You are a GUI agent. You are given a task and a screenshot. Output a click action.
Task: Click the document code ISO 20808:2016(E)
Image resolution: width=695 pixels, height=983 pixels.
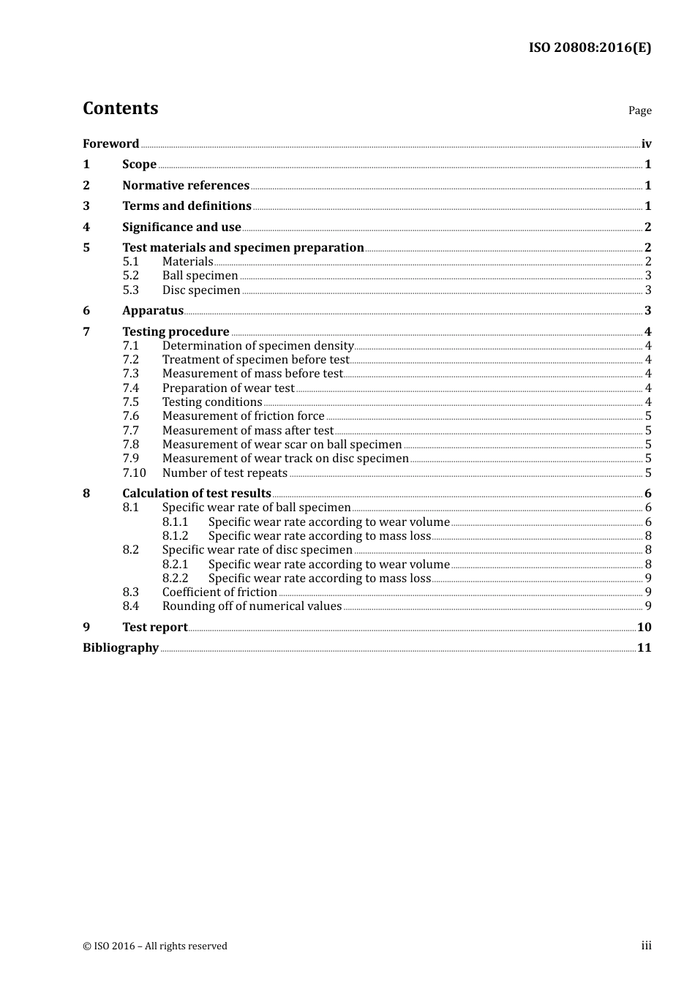coord(590,48)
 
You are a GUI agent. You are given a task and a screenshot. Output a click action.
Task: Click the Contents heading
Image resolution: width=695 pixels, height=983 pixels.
coord(120,108)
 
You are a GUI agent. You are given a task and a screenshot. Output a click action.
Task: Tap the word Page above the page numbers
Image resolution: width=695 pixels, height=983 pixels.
coord(639,110)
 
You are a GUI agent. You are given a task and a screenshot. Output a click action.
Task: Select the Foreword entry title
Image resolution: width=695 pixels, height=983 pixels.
coord(110,144)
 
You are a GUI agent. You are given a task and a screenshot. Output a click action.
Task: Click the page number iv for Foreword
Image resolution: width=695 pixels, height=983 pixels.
coord(646,144)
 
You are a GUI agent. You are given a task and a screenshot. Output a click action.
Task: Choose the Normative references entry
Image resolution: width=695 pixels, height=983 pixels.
coord(186,186)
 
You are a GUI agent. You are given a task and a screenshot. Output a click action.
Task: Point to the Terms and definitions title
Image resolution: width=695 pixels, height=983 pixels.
coord(187,206)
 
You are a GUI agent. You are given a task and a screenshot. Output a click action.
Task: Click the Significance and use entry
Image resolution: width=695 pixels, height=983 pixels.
coord(181,227)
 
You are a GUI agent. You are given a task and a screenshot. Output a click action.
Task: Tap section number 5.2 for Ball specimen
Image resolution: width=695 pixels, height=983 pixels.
coord(130,276)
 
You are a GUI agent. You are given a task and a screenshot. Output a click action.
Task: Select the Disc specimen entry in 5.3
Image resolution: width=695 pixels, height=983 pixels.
coord(201,290)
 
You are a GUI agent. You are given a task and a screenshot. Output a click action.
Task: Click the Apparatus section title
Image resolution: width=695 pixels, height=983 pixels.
coord(153,311)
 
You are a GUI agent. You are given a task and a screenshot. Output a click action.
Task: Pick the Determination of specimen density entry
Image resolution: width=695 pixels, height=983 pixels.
coord(258,346)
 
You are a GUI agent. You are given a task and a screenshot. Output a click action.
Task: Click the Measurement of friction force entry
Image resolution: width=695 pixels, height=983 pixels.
coord(243,416)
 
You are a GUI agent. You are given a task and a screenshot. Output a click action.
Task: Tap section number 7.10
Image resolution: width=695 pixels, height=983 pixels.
coord(134,473)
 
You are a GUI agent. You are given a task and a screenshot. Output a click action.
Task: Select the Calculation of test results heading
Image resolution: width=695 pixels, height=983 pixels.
coord(197,494)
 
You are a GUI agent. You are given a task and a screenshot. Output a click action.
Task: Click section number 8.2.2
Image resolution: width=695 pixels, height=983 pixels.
coord(175,579)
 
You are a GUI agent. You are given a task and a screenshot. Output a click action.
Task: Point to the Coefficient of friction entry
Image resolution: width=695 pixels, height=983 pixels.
coord(219,592)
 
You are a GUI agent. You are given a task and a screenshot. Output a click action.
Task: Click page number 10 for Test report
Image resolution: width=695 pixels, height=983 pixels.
coord(644,628)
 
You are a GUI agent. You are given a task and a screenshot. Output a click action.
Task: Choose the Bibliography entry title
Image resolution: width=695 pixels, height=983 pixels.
coord(121,648)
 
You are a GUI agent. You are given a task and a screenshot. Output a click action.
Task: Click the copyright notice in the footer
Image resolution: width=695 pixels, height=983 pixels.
coord(155,946)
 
